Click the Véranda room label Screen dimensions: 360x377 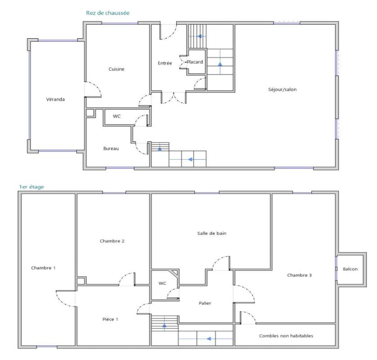[x=55, y=99]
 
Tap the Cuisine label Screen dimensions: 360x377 [x=116, y=69]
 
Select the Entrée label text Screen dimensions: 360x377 [x=165, y=63]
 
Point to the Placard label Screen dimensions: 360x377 [x=195, y=62]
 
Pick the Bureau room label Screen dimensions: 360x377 [x=111, y=148]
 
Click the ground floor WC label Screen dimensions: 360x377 [x=117, y=116]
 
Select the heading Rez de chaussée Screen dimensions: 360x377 [x=108, y=13]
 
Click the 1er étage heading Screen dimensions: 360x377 [x=31, y=186]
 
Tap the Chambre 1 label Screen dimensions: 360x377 [x=43, y=268]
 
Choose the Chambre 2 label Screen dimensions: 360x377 [x=112, y=241]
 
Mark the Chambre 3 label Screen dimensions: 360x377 [x=300, y=275]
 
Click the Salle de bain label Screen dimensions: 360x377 [x=211, y=233]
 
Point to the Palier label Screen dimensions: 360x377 [x=205, y=303]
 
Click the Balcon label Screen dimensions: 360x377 [x=350, y=269]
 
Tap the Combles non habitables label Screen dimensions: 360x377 [x=286, y=336]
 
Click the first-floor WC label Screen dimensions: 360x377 [x=163, y=283]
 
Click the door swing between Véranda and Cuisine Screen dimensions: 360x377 [x=94, y=89]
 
